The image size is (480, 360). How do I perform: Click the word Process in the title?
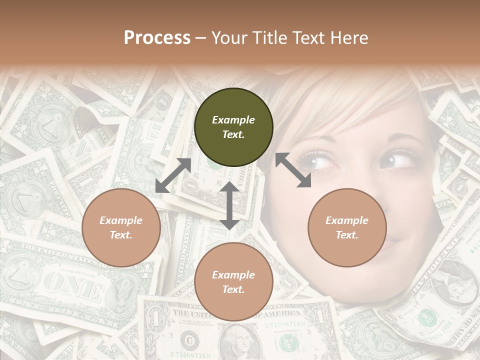pyautogui.click(x=157, y=38)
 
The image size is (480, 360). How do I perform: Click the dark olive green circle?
pyautogui.click(x=233, y=127)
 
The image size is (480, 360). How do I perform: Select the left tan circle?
pyautogui.click(x=121, y=227)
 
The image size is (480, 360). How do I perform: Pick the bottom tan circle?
pyautogui.click(x=233, y=281)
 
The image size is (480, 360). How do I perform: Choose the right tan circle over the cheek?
pyautogui.click(x=347, y=227)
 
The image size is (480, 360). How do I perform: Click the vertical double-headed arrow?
pyautogui.click(x=229, y=205)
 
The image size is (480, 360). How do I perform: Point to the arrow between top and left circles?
pyautogui.click(x=173, y=175)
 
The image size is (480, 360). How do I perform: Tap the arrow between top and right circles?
pyautogui.click(x=293, y=170)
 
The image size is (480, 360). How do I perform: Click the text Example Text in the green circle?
pyautogui.click(x=233, y=127)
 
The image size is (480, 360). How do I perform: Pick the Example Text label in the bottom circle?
pyautogui.click(x=233, y=282)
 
